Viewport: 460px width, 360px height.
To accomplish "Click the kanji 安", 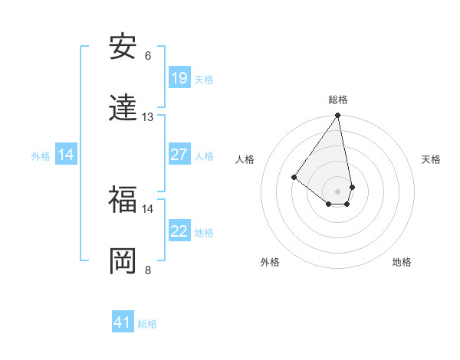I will pyautogui.click(x=123, y=47).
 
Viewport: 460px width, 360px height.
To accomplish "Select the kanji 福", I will pyautogui.click(x=123, y=200).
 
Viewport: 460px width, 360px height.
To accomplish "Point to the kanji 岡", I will pyautogui.click(x=123, y=261).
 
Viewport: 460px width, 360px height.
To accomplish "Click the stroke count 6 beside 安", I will pyautogui.click(x=148, y=56).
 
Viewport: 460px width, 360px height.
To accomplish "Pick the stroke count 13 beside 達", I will pyautogui.click(x=148, y=117).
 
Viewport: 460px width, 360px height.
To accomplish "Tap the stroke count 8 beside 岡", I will pyautogui.click(x=148, y=270).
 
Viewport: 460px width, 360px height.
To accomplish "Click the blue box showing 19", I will pyautogui.click(x=179, y=78).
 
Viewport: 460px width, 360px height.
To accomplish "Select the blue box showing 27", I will pyautogui.click(x=179, y=155).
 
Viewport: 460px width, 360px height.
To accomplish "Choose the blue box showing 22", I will pyautogui.click(x=179, y=231).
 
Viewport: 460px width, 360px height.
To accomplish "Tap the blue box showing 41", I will pyautogui.click(x=123, y=322).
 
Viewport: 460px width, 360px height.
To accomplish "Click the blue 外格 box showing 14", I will pyautogui.click(x=66, y=155).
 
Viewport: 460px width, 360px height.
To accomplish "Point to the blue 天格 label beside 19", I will pyautogui.click(x=204, y=79).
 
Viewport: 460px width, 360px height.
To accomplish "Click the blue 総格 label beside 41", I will pyautogui.click(x=147, y=323).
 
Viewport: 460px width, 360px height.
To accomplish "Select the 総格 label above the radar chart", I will pyautogui.click(x=338, y=100).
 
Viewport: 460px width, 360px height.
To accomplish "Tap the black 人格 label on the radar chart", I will pyautogui.click(x=245, y=159).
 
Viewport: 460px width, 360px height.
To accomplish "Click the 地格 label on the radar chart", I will pyautogui.click(x=402, y=263).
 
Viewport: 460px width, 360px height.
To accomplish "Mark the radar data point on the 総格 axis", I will pyautogui.click(x=338, y=116).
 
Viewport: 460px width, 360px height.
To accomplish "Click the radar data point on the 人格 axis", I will pyautogui.click(x=294, y=178).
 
